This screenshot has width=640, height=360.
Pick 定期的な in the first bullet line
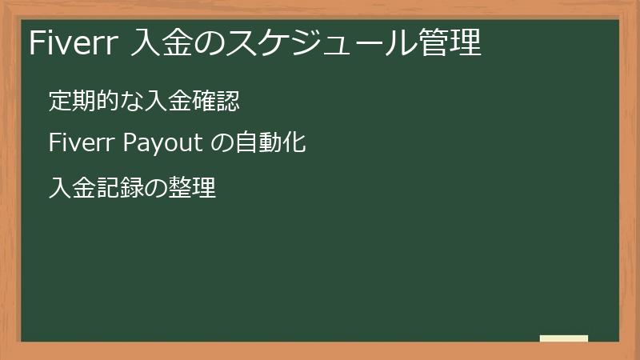[x=96, y=102]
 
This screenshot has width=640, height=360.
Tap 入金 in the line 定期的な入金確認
[x=169, y=102]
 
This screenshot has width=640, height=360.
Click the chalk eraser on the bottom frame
[x=563, y=338]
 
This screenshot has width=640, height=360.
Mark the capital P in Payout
[x=128, y=144]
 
